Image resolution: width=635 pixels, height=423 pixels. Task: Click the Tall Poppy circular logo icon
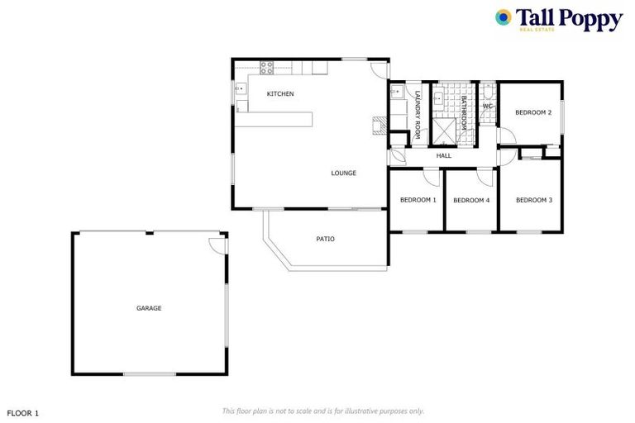click(503, 17)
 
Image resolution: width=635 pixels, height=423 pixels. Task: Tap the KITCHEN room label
click(280, 94)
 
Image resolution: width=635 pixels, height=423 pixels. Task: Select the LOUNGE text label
click(343, 173)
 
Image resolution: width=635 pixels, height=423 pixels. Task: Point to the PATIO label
click(325, 239)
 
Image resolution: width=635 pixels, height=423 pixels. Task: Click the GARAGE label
click(149, 308)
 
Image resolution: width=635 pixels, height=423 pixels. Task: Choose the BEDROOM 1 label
click(418, 200)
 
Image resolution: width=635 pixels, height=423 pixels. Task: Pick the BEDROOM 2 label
click(532, 112)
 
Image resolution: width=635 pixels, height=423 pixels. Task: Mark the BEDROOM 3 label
click(532, 200)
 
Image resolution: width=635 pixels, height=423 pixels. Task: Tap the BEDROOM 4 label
click(471, 200)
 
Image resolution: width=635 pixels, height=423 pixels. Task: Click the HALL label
click(444, 155)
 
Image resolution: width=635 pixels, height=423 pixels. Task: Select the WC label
click(487, 106)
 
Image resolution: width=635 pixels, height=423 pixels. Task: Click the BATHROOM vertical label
click(464, 112)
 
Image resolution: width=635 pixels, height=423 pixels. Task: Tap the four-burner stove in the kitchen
click(268, 67)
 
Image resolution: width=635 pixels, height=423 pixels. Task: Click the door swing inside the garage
click(217, 245)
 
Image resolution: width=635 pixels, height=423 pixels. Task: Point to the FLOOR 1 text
click(23, 411)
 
